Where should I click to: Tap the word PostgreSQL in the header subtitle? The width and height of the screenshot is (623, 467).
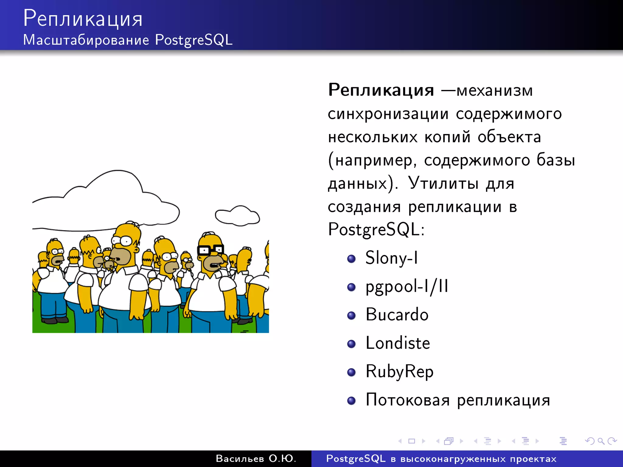[x=194, y=40]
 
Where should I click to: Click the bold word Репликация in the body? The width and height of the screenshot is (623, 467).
[x=381, y=90]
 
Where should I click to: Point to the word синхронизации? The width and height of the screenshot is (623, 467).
[x=388, y=114]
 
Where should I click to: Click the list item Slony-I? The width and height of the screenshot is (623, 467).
[x=392, y=258]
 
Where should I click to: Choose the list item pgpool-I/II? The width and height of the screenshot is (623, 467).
[x=407, y=287]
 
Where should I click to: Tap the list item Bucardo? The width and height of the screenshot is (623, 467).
[x=397, y=315]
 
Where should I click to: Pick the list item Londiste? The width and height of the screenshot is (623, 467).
[x=398, y=343]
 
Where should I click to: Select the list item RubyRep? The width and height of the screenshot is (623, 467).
[x=399, y=372]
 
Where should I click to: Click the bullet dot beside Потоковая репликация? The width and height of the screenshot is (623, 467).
[x=351, y=400]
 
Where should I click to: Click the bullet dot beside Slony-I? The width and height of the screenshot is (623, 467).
[x=351, y=259]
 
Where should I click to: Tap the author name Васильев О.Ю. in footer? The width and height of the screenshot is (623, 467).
[x=256, y=458]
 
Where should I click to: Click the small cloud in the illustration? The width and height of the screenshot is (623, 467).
[x=238, y=216]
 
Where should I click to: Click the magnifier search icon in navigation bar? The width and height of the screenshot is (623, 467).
[x=600, y=441]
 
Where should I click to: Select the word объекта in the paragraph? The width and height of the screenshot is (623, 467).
[x=509, y=137]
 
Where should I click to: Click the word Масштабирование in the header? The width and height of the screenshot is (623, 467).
[x=86, y=40]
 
